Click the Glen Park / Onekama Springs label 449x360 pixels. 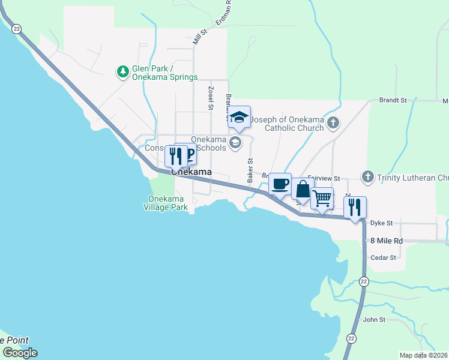(x=165, y=73)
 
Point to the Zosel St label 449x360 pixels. (x=211, y=98)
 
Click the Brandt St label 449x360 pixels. (x=393, y=101)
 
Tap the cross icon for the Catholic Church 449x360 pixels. (x=334, y=124)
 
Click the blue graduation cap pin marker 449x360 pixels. (x=240, y=117)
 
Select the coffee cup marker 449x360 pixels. (x=280, y=184)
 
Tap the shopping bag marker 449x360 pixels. (x=303, y=190)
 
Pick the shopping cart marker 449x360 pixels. (x=322, y=198)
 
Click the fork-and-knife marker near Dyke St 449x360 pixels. (x=355, y=208)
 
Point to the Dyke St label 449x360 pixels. (x=381, y=223)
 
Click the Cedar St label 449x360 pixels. (x=384, y=257)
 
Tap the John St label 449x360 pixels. (x=374, y=320)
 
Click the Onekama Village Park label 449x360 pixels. (x=165, y=203)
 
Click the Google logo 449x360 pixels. (x=20, y=353)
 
